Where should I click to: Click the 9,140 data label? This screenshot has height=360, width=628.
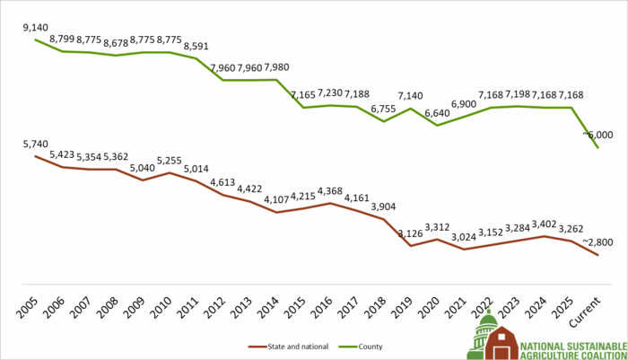[36, 29]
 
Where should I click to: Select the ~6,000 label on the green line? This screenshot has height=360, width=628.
[597, 134]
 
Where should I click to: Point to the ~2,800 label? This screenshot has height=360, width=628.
[597, 241]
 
